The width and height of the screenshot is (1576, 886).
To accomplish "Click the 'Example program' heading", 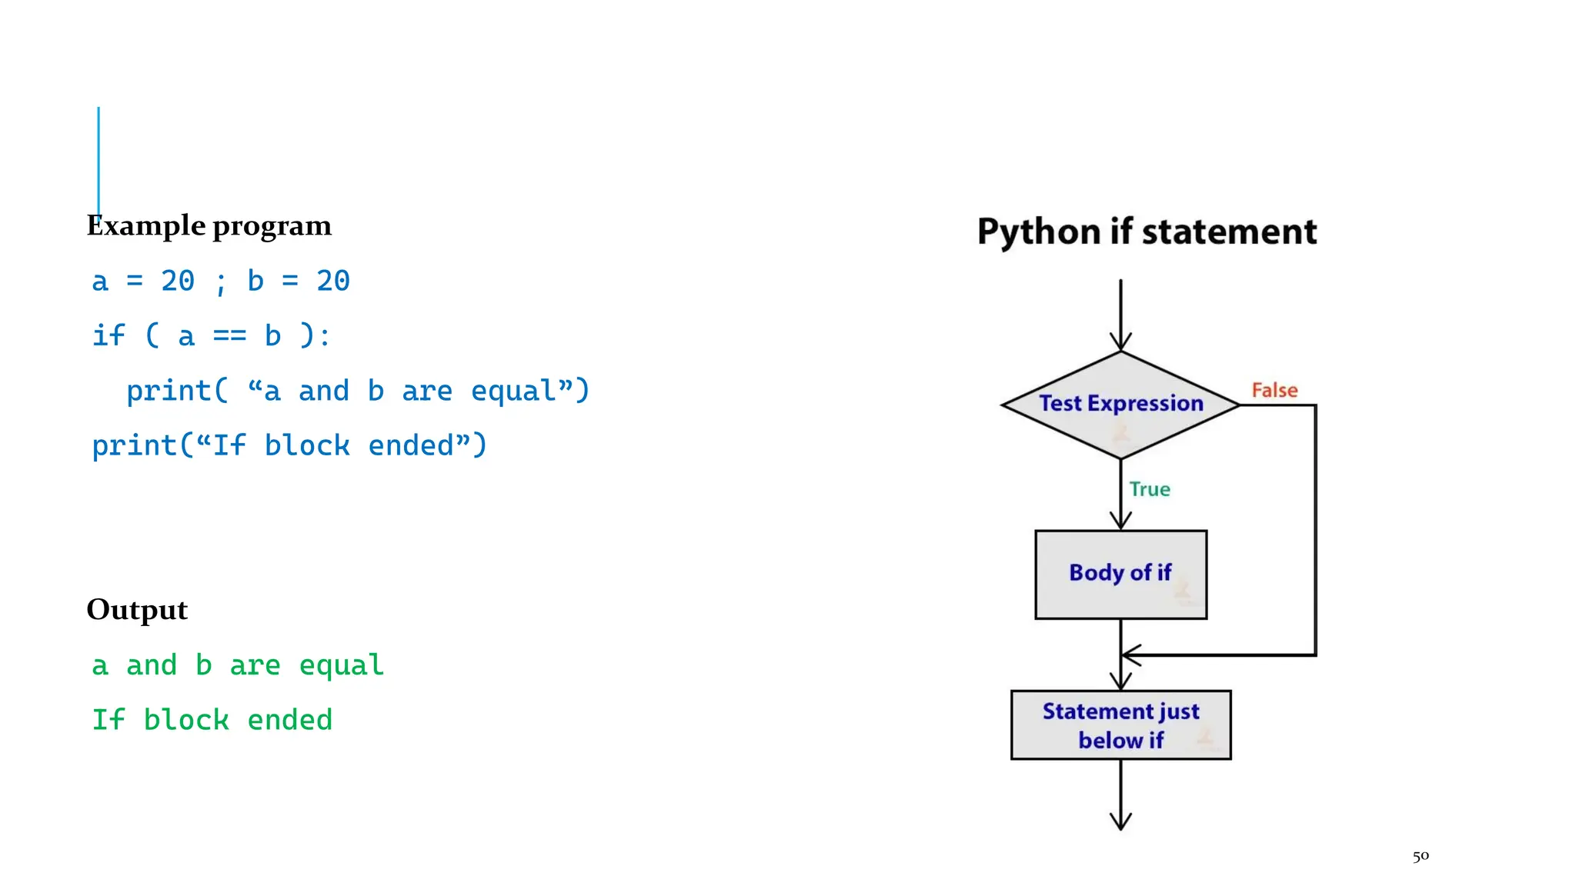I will click(209, 226).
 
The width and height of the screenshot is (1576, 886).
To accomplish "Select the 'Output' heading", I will click(137, 610).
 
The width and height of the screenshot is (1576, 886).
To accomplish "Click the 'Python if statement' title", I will click(1147, 231).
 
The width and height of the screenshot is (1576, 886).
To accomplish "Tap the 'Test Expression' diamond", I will click(1120, 405).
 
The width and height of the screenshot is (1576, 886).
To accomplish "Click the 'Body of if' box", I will click(1120, 574).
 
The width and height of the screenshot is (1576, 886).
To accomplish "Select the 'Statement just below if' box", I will click(1120, 725).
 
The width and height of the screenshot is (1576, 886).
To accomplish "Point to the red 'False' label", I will click(1274, 391).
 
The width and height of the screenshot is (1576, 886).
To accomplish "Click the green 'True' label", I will click(1150, 489).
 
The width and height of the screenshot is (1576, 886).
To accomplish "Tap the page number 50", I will click(1421, 856).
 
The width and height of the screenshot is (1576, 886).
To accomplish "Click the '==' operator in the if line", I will click(229, 336).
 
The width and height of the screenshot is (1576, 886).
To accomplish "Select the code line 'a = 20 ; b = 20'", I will click(221, 281).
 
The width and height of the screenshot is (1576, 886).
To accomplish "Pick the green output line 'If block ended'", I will click(212, 721).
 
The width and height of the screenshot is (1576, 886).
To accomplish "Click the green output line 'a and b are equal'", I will click(238, 665).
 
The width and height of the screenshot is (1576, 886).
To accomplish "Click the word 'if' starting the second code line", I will click(109, 336).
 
